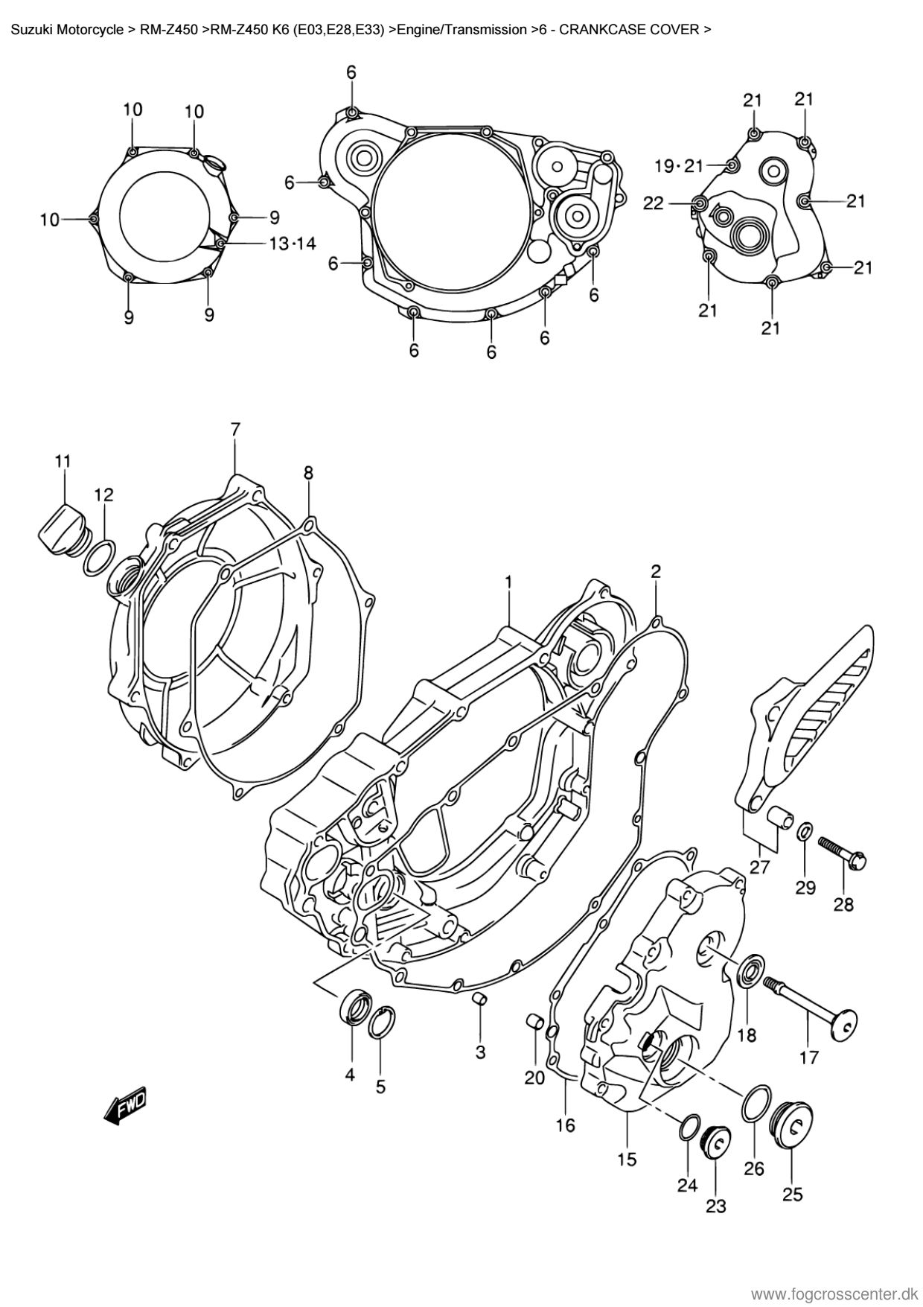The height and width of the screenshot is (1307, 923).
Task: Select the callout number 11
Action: pyautogui.click(x=63, y=462)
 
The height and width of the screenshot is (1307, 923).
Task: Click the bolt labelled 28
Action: pyautogui.click(x=845, y=854)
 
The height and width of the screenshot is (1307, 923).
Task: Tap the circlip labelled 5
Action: pyautogui.click(x=382, y=1021)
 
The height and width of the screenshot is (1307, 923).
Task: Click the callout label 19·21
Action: pyautogui.click(x=678, y=165)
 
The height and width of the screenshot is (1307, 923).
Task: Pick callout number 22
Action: pyautogui.click(x=653, y=203)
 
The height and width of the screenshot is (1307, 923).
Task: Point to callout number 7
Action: pyautogui.click(x=235, y=429)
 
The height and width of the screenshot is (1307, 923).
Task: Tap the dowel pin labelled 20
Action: pyautogui.click(x=534, y=1020)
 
